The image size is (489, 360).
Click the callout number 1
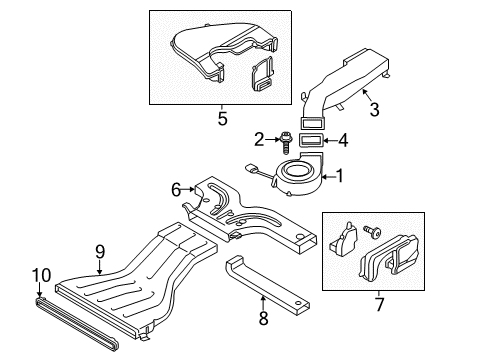340,176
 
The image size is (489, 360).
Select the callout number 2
259,139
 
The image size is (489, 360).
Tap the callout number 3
375,109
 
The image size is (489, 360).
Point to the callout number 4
343,140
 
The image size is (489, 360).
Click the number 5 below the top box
222,118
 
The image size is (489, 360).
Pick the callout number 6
176,190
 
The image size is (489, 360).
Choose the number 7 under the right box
380,304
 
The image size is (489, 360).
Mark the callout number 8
263,318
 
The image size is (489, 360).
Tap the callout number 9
100,252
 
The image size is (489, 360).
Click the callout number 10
42,275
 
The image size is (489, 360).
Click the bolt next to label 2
285,142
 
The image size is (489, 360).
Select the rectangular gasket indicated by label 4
310,140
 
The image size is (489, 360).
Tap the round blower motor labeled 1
297,174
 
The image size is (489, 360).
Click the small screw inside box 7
372,231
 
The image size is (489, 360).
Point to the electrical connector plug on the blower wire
250,168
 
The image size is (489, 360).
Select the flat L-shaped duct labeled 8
267,283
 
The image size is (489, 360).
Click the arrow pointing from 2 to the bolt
273,139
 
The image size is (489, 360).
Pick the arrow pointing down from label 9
100,267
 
